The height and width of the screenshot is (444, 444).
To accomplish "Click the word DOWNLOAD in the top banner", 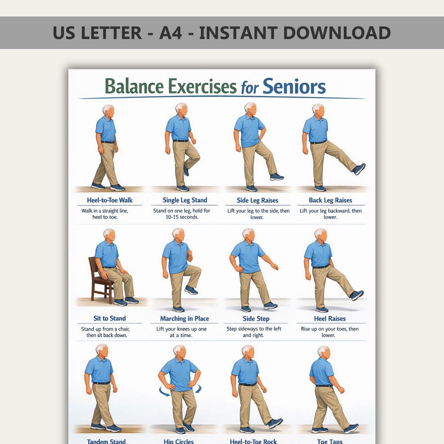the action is click(337, 32).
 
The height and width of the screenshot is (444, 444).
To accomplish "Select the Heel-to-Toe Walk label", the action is click(110, 200).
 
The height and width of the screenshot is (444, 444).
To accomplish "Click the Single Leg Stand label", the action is click(185, 200).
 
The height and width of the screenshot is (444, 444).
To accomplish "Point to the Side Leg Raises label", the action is click(257, 201).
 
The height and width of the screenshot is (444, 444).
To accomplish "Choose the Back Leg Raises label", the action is click(331, 201).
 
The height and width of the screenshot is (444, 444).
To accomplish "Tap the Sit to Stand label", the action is click(110, 318).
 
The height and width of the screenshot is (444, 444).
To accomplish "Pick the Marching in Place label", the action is click(185, 319).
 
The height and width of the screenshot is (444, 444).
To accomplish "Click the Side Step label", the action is click(256, 319).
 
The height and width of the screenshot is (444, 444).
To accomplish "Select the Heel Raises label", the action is click(330, 319).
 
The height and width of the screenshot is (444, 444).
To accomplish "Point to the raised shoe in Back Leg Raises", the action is click(359, 169).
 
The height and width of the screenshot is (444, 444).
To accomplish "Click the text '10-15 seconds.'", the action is click(182, 217).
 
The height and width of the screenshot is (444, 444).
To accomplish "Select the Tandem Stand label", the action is click(106, 441).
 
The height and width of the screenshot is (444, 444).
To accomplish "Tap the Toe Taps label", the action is click(330, 441).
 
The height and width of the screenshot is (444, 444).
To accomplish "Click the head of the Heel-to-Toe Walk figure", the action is click(109, 111).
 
